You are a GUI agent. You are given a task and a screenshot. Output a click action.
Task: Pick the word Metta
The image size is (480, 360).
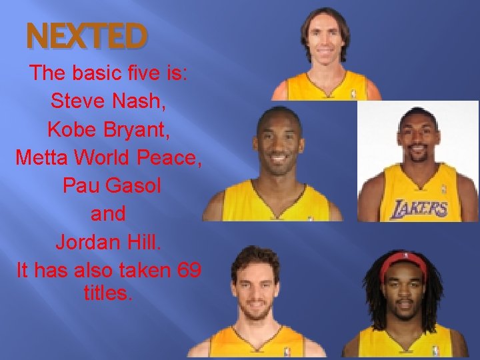[x=43, y=157]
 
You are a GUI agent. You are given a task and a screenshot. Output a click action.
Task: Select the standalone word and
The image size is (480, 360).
[x=108, y=213]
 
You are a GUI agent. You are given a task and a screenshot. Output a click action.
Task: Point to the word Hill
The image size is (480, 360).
[x=142, y=241]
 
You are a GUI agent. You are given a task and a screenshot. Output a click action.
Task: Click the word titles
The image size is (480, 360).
[x=109, y=292]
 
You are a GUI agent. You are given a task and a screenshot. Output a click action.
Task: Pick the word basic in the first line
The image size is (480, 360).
[x=109, y=73]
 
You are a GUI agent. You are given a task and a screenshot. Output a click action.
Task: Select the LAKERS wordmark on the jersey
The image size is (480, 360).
[x=418, y=209]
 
